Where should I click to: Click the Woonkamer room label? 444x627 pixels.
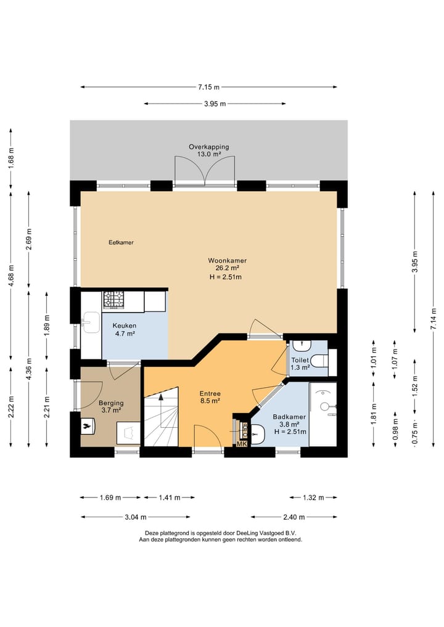[x=227, y=261]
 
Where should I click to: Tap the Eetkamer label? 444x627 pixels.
[x=121, y=242]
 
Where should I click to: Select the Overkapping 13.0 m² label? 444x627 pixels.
[x=209, y=150]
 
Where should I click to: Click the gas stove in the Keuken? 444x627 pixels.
[x=114, y=300]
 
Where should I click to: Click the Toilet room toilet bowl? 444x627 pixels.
[x=319, y=361]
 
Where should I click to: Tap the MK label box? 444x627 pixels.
[x=242, y=444]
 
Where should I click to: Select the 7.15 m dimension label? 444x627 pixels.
[x=209, y=87]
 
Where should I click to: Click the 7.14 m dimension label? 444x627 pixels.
[x=434, y=319]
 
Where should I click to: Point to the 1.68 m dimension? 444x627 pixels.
[x=11, y=158]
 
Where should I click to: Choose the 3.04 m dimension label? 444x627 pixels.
[x=136, y=517]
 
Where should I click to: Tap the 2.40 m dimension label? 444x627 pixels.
[x=294, y=517]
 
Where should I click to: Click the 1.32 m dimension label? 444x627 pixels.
[x=314, y=498]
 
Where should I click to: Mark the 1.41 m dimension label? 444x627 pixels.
[x=169, y=498]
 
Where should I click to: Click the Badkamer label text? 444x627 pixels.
[x=289, y=417]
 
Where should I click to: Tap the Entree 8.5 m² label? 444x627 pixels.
[x=210, y=397]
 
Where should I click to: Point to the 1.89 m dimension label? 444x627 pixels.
[x=47, y=326]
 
